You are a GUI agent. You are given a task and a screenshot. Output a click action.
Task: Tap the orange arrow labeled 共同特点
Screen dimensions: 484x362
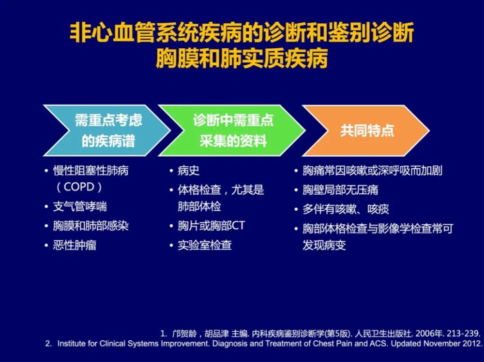pos(366,130)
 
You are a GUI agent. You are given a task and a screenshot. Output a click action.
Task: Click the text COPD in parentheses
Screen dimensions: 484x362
pos(79,187)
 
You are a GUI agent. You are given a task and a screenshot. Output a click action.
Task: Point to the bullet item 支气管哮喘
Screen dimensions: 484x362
pos(80,206)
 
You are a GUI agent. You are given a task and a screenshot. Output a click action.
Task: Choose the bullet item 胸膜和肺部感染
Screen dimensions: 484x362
pos(91,226)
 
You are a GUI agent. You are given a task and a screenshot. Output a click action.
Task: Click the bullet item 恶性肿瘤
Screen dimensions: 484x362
pos(75,246)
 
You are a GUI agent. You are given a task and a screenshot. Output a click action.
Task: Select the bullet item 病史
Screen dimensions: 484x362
pos(189,171)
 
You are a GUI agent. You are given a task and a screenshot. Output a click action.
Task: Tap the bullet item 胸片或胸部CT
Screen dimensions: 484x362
pos(212,226)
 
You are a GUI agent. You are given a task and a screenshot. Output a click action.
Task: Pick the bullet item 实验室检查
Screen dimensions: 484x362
pos(205,246)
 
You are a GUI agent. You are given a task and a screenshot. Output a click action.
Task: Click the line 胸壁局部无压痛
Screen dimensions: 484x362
pos(340,190)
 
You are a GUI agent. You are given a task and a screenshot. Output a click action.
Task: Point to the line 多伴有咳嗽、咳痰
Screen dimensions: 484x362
pos(346,209)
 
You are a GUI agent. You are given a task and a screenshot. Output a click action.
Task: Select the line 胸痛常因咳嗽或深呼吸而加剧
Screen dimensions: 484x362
pos(372,171)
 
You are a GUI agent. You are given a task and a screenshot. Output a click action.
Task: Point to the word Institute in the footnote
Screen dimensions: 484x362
pos(73,344)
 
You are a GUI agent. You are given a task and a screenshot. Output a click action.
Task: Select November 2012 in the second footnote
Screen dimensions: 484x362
pos(451,344)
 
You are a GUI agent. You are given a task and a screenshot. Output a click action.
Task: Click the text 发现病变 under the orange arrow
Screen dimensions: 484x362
pos(324,246)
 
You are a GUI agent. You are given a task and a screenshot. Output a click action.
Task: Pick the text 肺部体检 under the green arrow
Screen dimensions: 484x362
pos(199,206)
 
